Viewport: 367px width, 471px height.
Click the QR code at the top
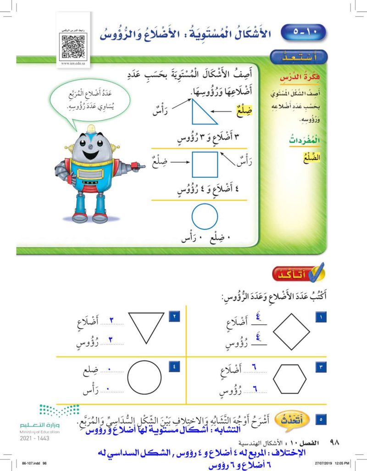tap(73, 45)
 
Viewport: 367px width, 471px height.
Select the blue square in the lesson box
tap(205, 164)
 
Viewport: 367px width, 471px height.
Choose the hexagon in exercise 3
tap(290, 380)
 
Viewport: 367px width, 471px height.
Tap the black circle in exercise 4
tap(144, 380)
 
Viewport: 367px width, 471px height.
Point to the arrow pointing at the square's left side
tap(178, 162)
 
